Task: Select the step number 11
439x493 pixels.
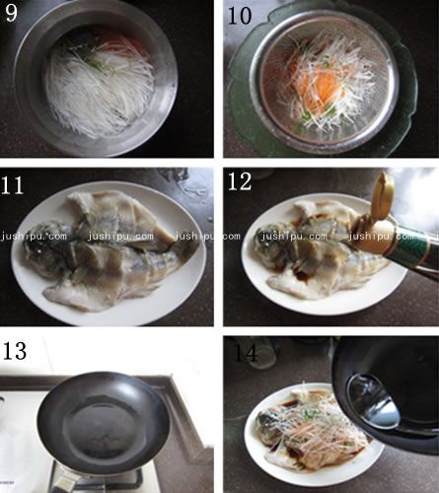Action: pyautogui.click(x=21, y=183)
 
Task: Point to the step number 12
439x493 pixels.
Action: pyautogui.click(x=243, y=183)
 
